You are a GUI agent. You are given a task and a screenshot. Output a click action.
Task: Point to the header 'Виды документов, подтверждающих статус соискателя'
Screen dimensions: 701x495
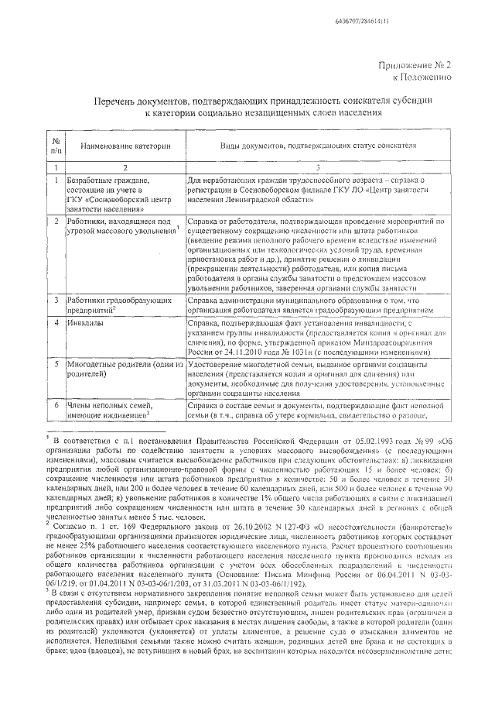pyautogui.click(x=313, y=146)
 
